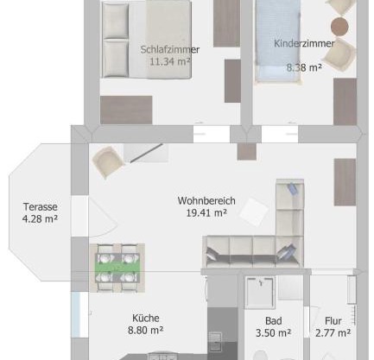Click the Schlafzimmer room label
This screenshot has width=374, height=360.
click(x=170, y=49)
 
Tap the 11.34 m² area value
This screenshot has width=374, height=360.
click(x=170, y=61)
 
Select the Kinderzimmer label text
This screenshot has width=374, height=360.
click(x=304, y=43)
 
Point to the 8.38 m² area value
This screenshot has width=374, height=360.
click(x=304, y=67)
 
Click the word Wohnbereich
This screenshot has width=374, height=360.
click(x=206, y=200)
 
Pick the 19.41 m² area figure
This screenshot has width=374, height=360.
click(x=206, y=213)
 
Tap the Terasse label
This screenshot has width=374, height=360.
click(x=41, y=206)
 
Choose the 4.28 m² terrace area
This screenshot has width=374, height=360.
click(x=40, y=218)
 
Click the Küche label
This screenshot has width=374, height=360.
click(x=146, y=318)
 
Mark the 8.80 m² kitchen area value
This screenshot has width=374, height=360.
click(x=146, y=330)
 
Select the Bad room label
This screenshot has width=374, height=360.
click(x=274, y=321)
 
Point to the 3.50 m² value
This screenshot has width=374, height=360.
click(x=274, y=333)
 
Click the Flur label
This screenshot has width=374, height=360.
click(x=333, y=321)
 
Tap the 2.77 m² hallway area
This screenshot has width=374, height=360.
click(x=333, y=333)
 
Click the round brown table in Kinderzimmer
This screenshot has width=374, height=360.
click(x=339, y=26)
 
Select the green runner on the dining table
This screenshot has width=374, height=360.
click(x=117, y=268)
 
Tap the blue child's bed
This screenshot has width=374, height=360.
click(x=277, y=41)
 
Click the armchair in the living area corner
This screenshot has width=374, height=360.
click(x=107, y=161)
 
